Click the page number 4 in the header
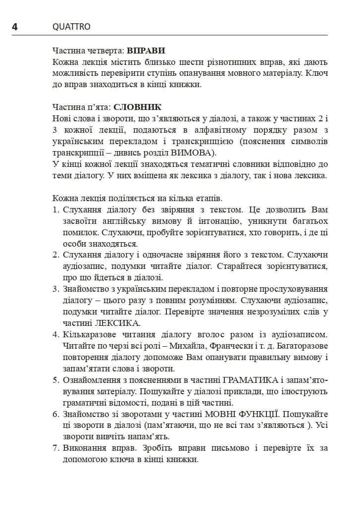point(15,27)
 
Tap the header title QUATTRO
point(71,27)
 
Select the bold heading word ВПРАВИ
point(146,51)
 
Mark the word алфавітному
point(210,129)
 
